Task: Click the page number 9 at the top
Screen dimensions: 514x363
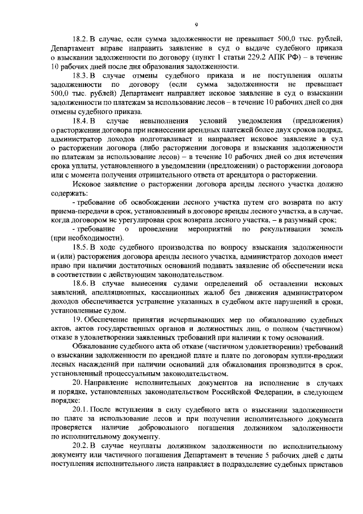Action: pos(195,24)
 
